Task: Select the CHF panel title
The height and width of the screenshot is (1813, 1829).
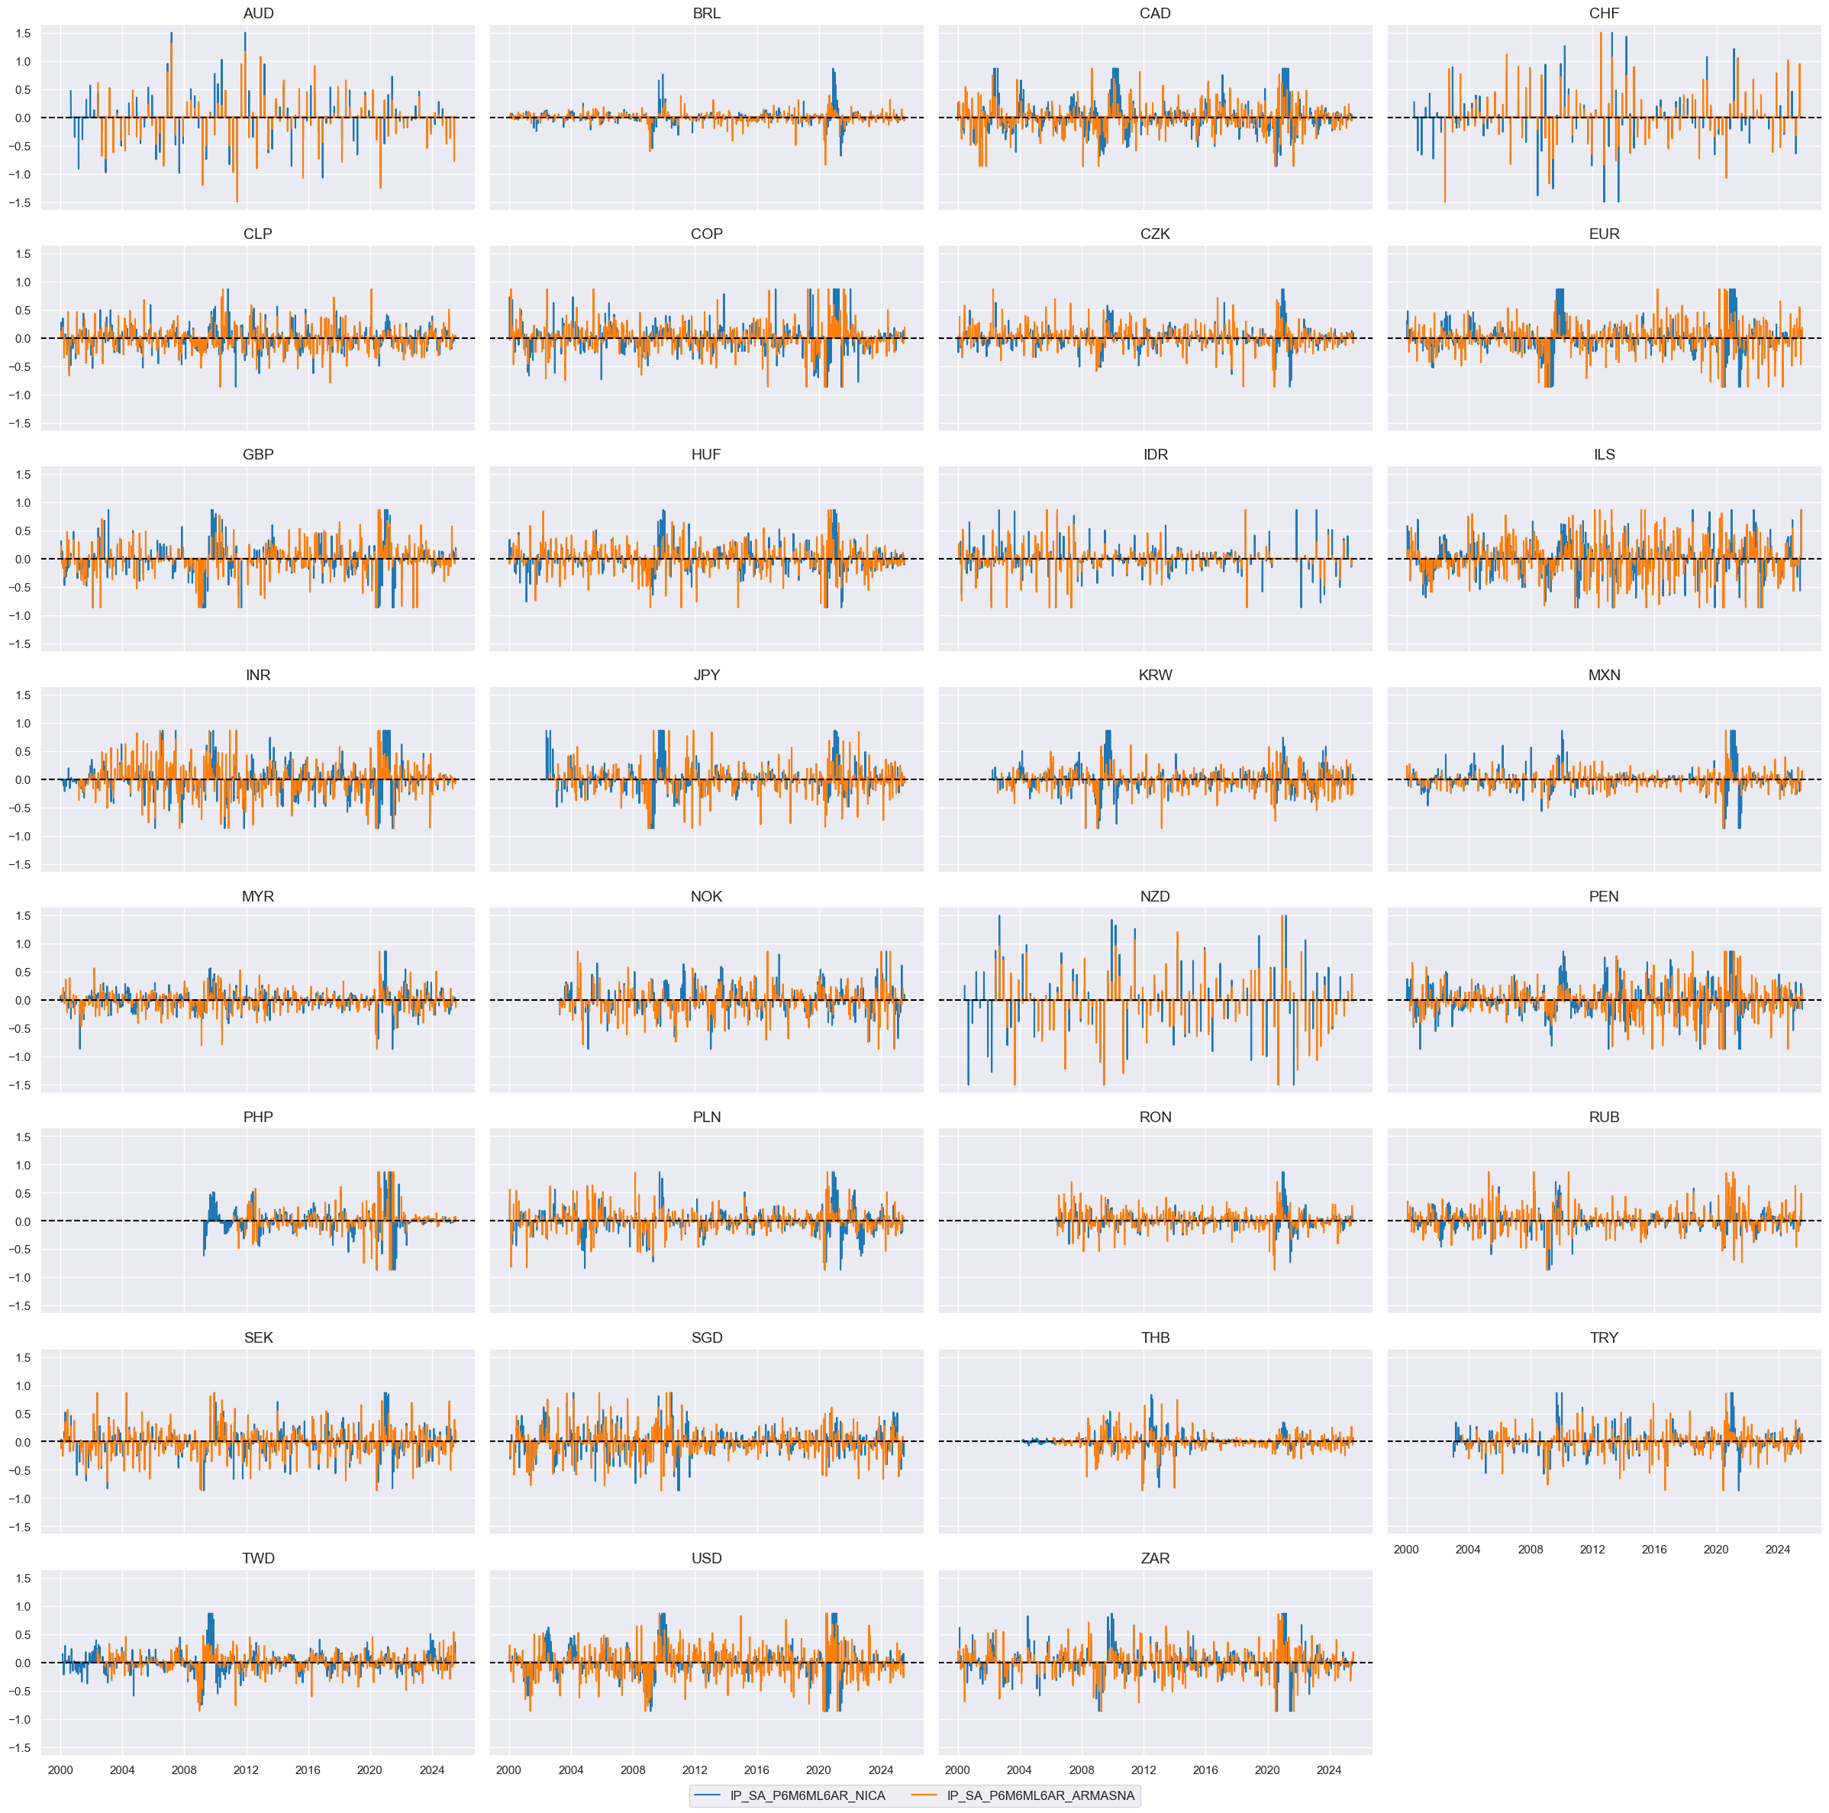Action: tap(1604, 13)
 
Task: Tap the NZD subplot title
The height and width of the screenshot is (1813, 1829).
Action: tap(1155, 896)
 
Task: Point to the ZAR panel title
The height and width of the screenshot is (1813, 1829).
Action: tap(1155, 1558)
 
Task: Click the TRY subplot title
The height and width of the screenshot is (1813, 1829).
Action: tap(1604, 1337)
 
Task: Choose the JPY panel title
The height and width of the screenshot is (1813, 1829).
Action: tap(706, 675)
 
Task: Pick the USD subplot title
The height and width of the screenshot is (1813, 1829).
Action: tap(706, 1558)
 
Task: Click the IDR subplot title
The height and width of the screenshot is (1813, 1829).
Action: tap(1155, 454)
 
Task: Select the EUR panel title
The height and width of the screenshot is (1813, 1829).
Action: tap(1604, 234)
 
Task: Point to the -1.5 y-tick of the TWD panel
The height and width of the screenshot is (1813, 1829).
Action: tap(21, 1747)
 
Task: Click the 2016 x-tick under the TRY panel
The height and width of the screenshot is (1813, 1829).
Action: tap(1654, 1549)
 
